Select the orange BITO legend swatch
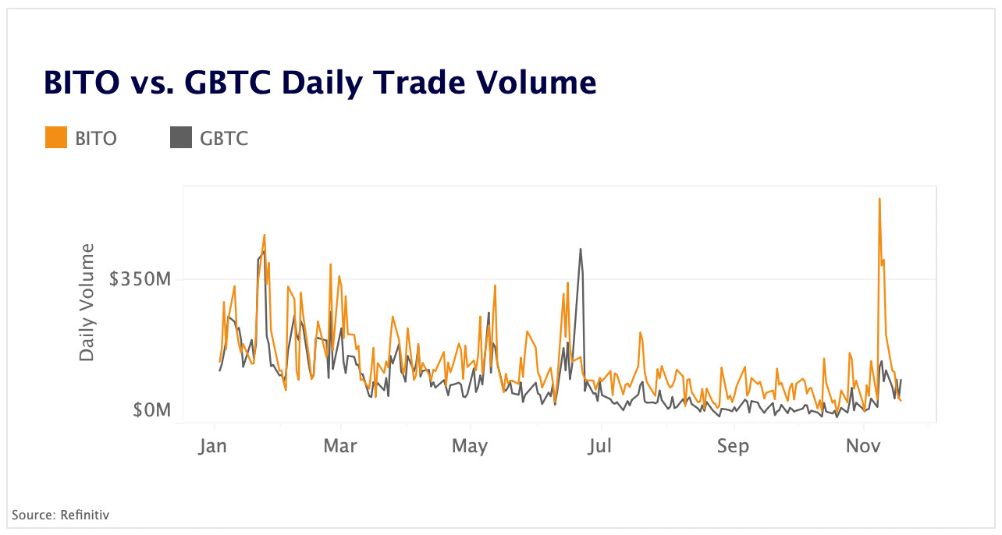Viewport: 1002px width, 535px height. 56,138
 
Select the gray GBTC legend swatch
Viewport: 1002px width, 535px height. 180,138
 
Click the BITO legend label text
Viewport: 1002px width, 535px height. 96,139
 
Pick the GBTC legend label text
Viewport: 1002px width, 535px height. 224,139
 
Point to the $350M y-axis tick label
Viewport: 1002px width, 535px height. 140,278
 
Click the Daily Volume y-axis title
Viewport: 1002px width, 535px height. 87,303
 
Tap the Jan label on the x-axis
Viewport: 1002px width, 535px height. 214,446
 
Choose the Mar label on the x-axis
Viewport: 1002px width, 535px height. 340,446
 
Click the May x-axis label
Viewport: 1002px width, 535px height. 470,446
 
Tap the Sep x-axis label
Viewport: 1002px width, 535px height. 733,446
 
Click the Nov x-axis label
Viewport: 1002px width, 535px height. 864,446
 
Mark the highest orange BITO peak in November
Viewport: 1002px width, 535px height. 879,199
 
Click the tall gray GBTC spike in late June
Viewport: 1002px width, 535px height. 581,250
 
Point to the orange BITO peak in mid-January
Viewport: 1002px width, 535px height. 265,235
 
